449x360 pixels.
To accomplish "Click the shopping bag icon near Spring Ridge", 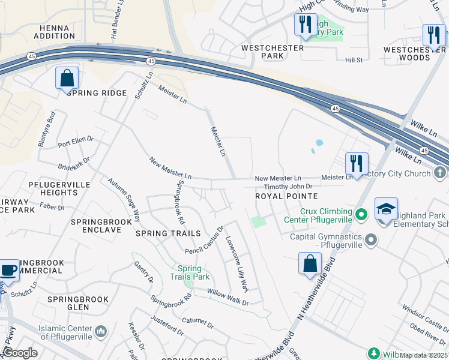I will tap(67, 78).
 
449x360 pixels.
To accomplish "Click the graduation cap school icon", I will tap(386, 210).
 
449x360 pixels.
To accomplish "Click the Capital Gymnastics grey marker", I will tap(372, 241).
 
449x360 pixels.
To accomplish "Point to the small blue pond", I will tap(318, 144).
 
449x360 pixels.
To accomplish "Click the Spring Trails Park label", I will tap(193, 273).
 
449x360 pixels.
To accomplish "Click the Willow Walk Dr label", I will tap(228, 297).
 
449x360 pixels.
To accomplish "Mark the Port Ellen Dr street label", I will tap(76, 142).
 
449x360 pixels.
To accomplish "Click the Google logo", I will tap(19, 353).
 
